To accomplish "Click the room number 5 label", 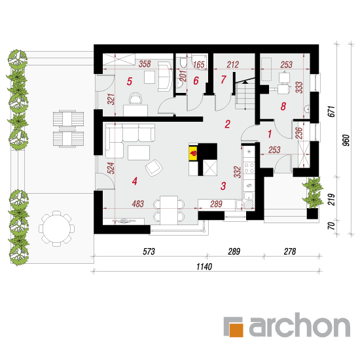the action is click(x=130, y=81).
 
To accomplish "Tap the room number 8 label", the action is click(x=283, y=106).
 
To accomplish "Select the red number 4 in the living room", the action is click(x=135, y=181).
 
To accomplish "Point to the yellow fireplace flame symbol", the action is click(x=193, y=153).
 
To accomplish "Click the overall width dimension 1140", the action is click(x=204, y=267).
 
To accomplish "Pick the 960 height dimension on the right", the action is click(x=346, y=140).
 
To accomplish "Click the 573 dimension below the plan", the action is click(x=149, y=251).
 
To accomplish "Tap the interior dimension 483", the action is click(x=137, y=204).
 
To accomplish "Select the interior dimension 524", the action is click(x=111, y=168).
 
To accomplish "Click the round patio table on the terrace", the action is click(x=57, y=228).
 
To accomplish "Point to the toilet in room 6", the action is click(x=183, y=62).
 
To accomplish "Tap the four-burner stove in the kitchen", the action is click(x=249, y=168).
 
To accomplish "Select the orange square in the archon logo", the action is click(x=236, y=330).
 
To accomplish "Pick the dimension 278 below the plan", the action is click(x=290, y=251).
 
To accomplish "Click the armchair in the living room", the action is click(x=154, y=168).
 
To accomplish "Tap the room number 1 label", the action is click(x=270, y=134).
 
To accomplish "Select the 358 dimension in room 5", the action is click(x=145, y=64).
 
